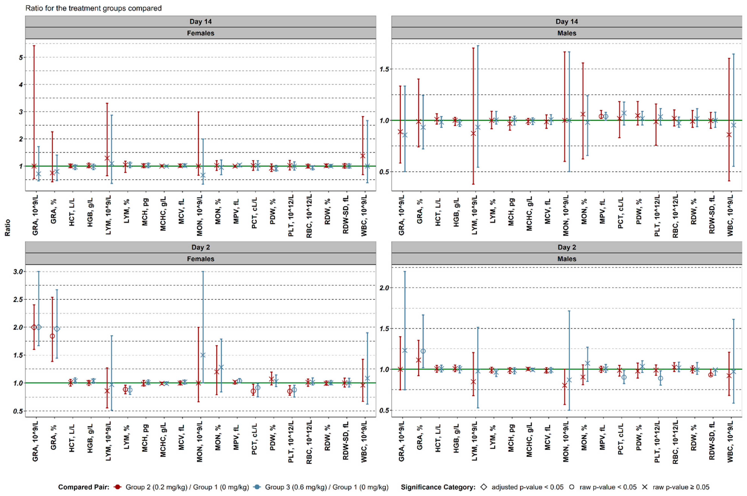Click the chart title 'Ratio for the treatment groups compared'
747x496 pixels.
click(93, 8)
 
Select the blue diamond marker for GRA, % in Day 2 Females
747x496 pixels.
click(57, 329)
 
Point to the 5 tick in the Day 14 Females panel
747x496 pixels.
click(21, 58)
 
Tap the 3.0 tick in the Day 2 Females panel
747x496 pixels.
click(18, 272)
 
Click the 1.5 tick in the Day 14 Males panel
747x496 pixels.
click(385, 69)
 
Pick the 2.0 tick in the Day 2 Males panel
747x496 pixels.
click(385, 288)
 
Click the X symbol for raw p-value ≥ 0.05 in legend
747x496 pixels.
click(645, 487)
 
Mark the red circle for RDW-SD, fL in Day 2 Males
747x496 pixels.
click(711, 375)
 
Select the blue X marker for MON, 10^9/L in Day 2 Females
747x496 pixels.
click(203, 355)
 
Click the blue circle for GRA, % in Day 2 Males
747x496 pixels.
click(423, 351)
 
